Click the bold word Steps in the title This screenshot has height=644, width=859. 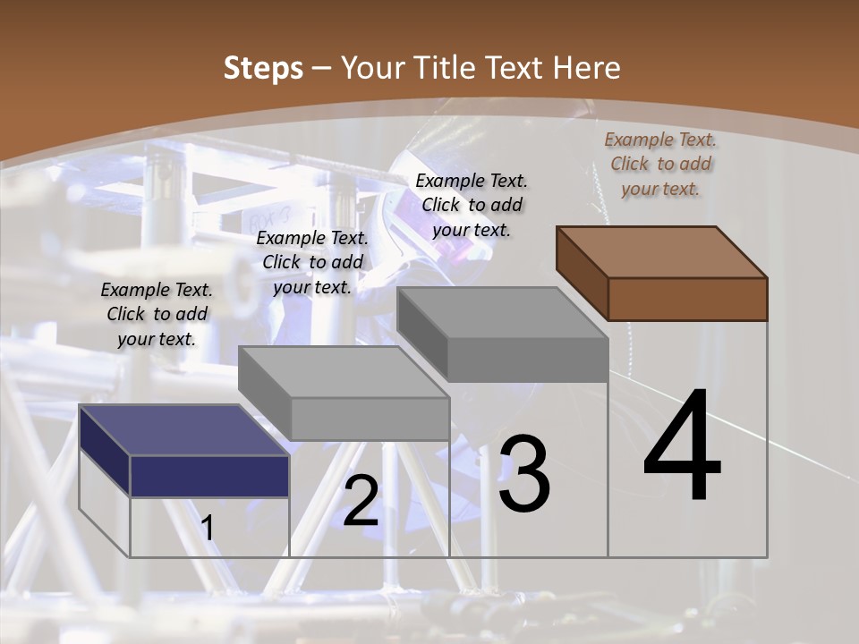click(x=263, y=68)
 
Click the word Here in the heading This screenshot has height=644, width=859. click(x=583, y=68)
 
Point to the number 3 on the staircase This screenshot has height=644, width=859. click(x=523, y=475)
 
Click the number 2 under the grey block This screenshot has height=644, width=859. click(x=361, y=501)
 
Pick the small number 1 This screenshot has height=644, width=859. click(x=208, y=529)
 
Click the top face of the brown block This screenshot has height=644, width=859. click(x=662, y=251)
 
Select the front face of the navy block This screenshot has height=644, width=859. click(x=209, y=476)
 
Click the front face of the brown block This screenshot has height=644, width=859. click(x=687, y=299)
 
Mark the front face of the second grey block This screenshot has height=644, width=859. click(x=370, y=419)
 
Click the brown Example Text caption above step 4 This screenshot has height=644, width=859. click(x=660, y=164)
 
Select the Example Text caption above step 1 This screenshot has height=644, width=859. click(x=157, y=314)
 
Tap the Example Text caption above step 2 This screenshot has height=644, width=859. click(x=312, y=262)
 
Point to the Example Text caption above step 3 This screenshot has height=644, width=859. click(x=472, y=205)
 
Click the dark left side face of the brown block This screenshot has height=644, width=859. click(x=582, y=274)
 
